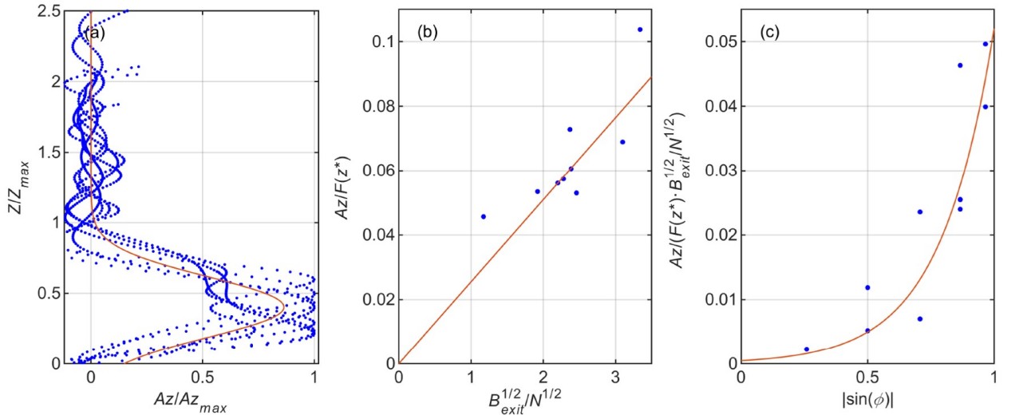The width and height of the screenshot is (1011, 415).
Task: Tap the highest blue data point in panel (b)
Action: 640,30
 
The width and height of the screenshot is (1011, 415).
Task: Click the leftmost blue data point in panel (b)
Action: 483,216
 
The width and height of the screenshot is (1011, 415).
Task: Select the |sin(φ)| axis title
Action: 868,399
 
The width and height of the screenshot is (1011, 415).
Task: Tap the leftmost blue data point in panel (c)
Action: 806,350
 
